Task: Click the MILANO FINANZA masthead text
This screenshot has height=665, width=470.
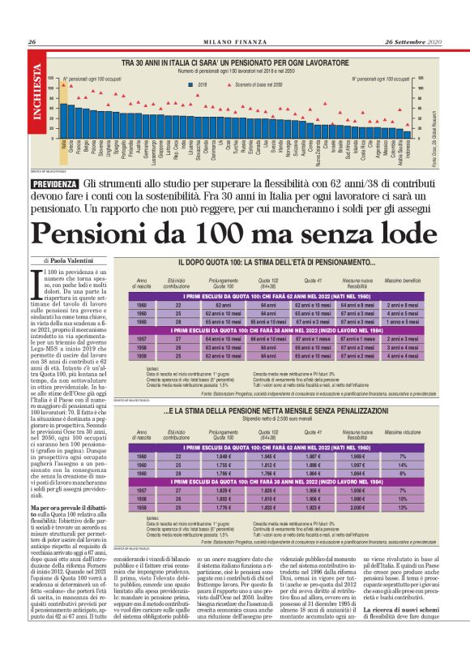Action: [235, 42]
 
